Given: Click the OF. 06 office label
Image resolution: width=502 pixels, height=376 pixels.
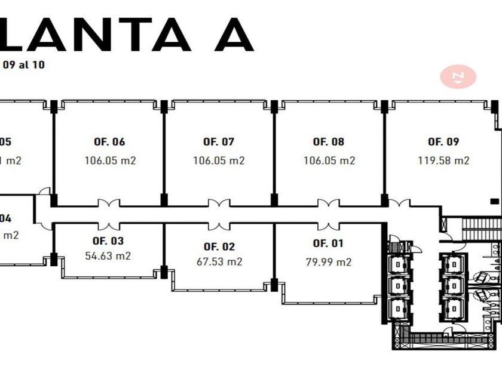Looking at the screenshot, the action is pyautogui.click(x=109, y=142).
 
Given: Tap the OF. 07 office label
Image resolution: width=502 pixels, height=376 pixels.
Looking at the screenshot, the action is pyautogui.click(x=219, y=142).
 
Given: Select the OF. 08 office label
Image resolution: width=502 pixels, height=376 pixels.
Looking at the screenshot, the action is pyautogui.click(x=329, y=142).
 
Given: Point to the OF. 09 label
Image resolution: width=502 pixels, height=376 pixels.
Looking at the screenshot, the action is pyautogui.click(x=443, y=142).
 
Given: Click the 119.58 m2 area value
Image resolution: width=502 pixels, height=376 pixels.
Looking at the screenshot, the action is pyautogui.click(x=443, y=160).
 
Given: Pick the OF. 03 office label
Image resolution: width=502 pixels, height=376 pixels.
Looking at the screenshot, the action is pyautogui.click(x=108, y=241).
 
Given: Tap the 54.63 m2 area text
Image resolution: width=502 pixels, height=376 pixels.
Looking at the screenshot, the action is pyautogui.click(x=108, y=255).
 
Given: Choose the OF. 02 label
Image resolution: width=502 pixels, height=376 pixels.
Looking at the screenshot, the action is pyautogui.click(x=219, y=246).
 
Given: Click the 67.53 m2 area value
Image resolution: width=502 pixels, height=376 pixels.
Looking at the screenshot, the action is pyautogui.click(x=219, y=261).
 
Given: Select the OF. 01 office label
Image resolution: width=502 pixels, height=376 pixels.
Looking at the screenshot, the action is pyautogui.click(x=329, y=243).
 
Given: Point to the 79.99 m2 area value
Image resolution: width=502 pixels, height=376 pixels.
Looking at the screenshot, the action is pyautogui.click(x=329, y=261).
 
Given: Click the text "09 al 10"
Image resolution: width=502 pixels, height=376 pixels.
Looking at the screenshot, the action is pyautogui.click(x=23, y=64).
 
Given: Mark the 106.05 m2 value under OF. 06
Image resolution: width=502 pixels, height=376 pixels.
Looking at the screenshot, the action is pyautogui.click(x=110, y=160).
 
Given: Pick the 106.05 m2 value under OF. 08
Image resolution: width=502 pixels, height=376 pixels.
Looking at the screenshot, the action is pyautogui.click(x=329, y=160).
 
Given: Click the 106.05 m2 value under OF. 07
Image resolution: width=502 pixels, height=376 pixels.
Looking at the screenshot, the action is pyautogui.click(x=219, y=160).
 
